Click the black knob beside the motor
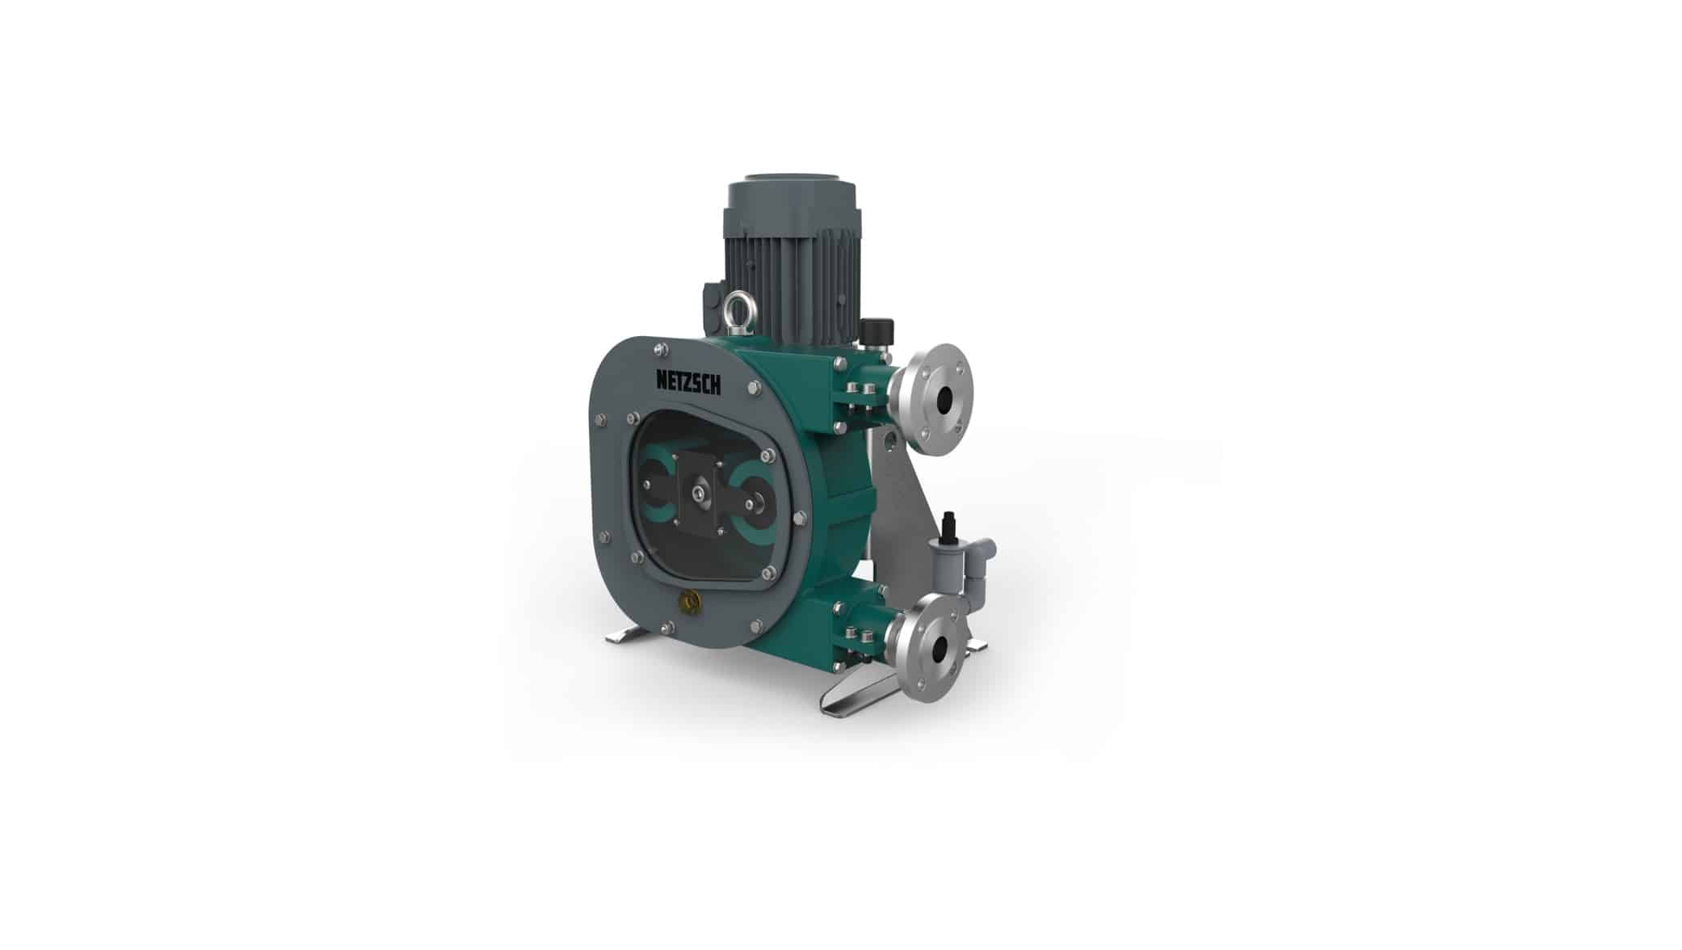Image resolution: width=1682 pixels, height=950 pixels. (x=873, y=330)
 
